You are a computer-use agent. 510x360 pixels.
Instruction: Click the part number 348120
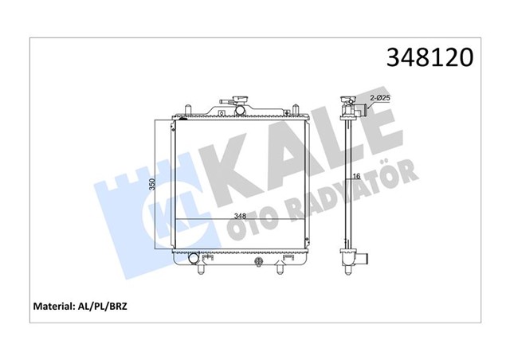coord(430,57)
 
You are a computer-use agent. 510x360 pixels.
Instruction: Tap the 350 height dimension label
coord(152,184)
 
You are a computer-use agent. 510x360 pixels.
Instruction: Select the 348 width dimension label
coord(240,216)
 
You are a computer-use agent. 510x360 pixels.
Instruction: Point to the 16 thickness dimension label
coord(356,176)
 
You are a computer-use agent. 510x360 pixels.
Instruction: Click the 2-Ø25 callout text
coord(380,97)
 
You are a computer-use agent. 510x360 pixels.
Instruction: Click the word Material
coord(53,306)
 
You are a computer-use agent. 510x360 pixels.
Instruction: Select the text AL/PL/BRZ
coord(101,307)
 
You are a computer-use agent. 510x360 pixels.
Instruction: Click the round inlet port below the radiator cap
coord(240,110)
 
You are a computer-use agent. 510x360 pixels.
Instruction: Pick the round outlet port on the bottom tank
coord(193,258)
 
